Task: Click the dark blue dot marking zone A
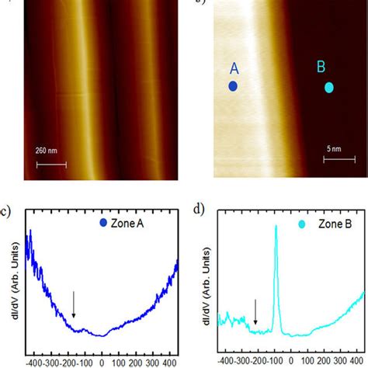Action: click(x=233, y=87)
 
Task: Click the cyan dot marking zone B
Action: click(x=328, y=88)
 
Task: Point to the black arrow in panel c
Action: click(x=74, y=304)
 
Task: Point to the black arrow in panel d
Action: click(x=255, y=311)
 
